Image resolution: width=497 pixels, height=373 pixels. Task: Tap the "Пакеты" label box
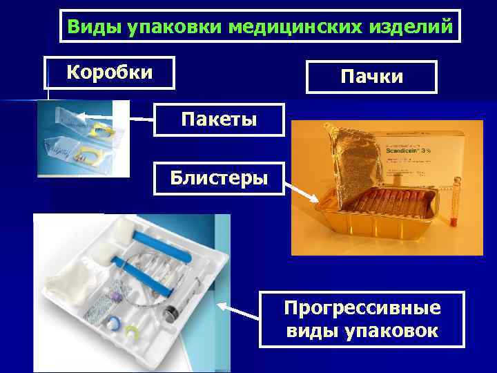point(219,119)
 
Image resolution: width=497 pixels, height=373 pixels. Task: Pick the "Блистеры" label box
point(219,178)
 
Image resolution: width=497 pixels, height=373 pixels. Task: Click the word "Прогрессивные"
point(363,307)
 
